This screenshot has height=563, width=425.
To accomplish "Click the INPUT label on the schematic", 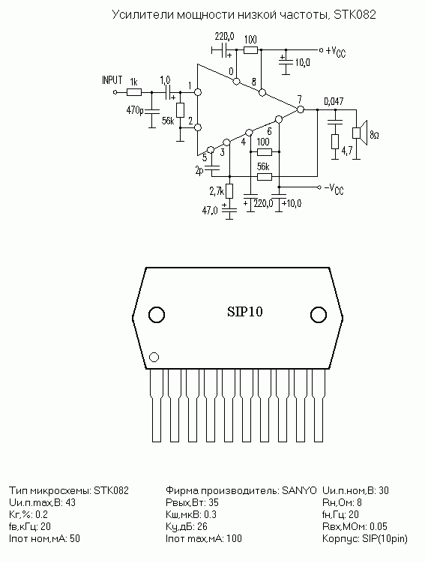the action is click(112, 79).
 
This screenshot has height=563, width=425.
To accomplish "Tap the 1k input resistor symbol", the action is click(133, 92).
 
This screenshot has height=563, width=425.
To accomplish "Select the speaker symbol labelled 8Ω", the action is click(360, 133).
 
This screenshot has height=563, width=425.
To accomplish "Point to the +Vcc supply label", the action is click(336, 52).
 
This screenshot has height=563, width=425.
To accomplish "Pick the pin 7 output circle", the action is click(301, 109).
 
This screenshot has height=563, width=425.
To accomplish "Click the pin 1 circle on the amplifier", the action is click(197, 92).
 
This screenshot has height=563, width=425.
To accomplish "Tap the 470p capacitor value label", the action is click(135, 111).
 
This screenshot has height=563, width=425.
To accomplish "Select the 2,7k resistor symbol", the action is click(229, 191).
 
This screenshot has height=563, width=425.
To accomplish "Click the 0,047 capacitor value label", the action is click(334, 101).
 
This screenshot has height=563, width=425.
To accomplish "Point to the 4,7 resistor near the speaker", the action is click(334, 142).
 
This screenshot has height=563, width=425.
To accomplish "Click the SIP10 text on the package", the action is click(245, 312).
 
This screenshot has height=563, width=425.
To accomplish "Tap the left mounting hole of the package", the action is click(157, 315).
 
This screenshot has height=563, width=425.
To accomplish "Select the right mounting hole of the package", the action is click(318, 315).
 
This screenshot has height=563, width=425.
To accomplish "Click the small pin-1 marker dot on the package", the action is click(154, 358).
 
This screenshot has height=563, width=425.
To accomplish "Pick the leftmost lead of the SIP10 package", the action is click(157, 405).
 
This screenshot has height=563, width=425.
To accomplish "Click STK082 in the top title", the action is click(355, 14).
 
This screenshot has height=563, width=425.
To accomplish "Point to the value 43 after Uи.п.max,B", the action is click(70, 502).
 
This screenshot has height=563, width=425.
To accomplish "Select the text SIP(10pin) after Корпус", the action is click(385, 539).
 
